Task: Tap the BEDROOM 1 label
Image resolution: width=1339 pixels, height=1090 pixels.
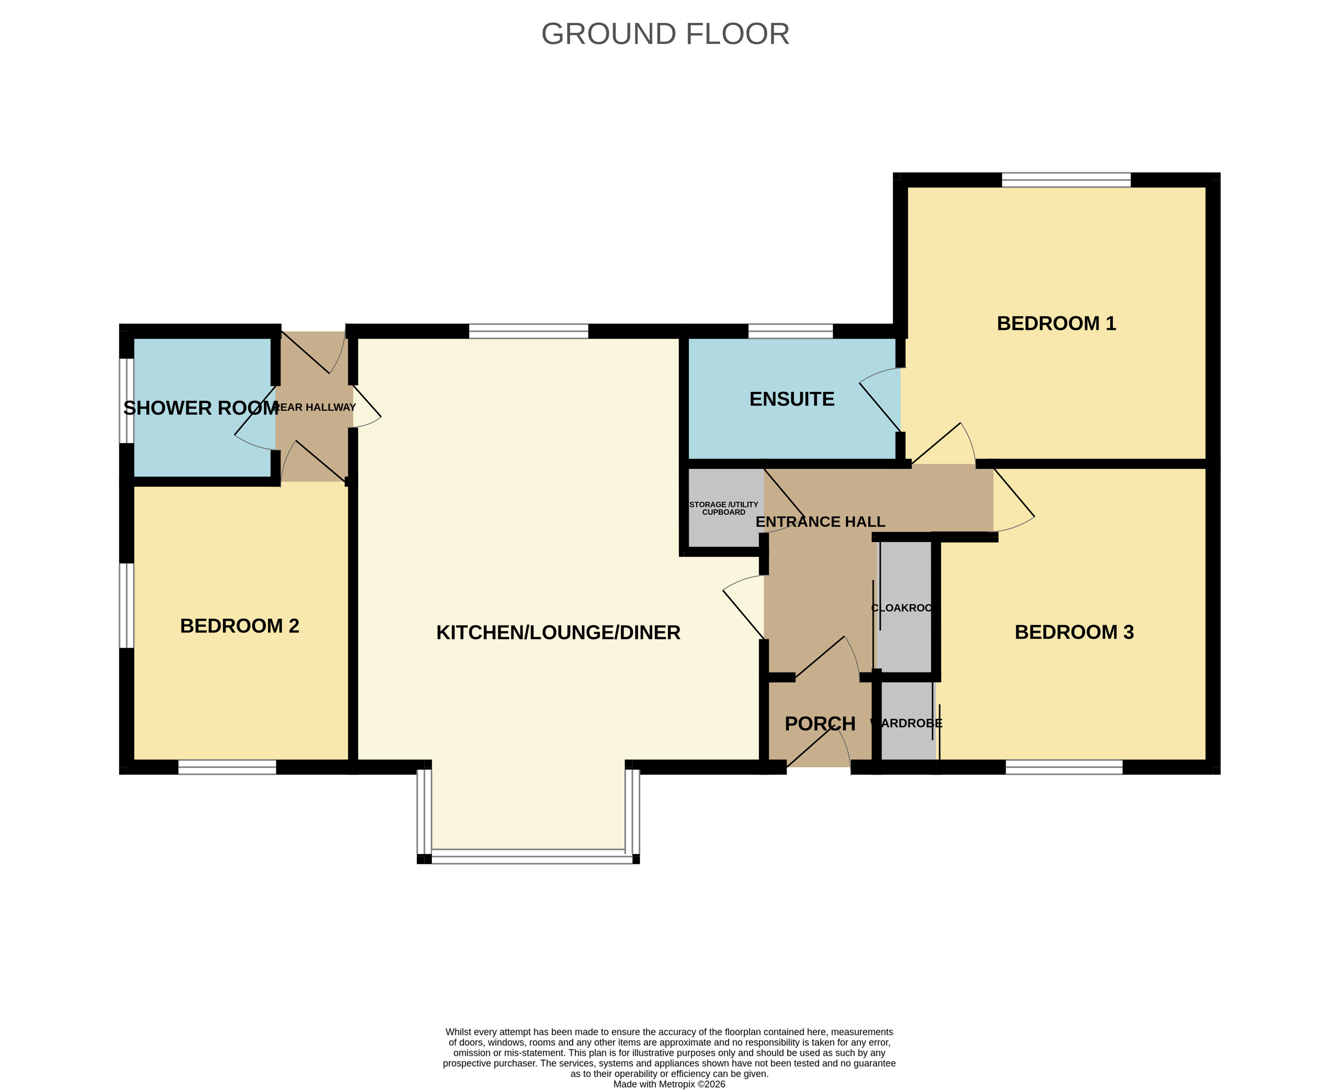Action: click(x=1056, y=323)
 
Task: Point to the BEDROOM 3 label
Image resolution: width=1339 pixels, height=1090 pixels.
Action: click(x=1074, y=632)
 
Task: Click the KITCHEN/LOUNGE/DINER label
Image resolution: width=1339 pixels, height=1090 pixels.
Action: click(x=558, y=633)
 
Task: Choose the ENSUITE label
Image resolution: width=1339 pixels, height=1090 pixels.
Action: click(x=791, y=399)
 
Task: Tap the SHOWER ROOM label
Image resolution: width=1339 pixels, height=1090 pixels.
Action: click(x=201, y=408)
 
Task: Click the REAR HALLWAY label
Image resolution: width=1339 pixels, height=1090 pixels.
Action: click(x=315, y=408)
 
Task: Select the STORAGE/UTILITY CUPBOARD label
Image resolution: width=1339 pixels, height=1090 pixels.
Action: click(x=724, y=509)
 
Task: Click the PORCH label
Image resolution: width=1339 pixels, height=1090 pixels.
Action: click(x=820, y=724)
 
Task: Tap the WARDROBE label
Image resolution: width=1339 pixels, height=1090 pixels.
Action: click(x=906, y=723)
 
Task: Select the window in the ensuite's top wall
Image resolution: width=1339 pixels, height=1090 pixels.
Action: click(x=790, y=332)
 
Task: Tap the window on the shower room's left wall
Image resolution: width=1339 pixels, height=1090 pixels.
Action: click(x=127, y=401)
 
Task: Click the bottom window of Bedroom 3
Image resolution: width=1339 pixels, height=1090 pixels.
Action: click(x=1064, y=767)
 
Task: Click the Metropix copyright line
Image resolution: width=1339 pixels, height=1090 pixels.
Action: click(x=669, y=1084)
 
